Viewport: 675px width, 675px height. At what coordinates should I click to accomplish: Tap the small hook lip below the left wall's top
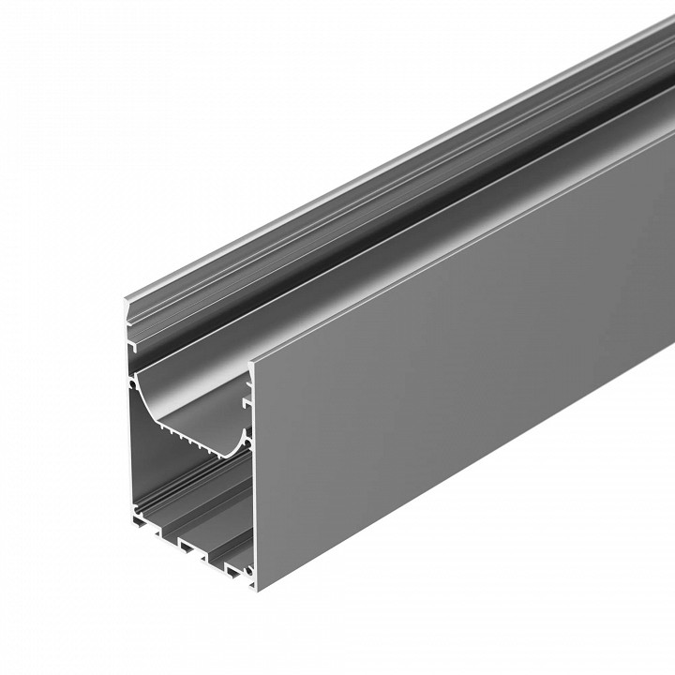click(130, 347)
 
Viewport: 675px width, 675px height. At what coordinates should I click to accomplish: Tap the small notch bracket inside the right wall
click(248, 397)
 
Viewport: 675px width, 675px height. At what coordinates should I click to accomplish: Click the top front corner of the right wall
click(251, 360)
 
